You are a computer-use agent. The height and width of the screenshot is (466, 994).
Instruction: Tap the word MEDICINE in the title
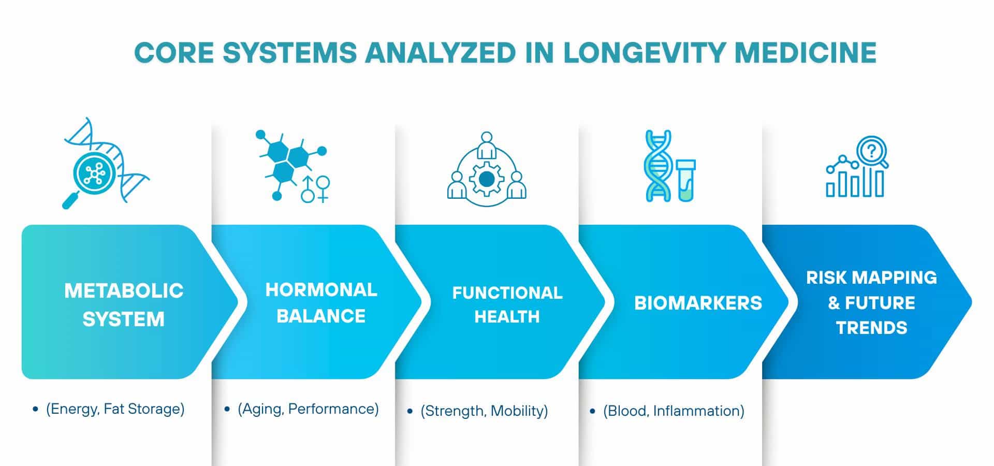pyautogui.click(x=806, y=52)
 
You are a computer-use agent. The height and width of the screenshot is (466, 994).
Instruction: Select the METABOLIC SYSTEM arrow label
pyautogui.click(x=124, y=304)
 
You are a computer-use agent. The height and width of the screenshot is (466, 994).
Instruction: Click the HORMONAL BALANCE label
pyautogui.click(x=321, y=302)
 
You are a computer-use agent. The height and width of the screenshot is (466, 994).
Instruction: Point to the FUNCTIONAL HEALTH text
pyautogui.click(x=507, y=304)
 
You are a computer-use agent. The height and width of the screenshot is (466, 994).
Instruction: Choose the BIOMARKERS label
pyautogui.click(x=698, y=303)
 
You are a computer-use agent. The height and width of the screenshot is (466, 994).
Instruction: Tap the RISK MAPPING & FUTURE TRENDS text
pyautogui.click(x=871, y=302)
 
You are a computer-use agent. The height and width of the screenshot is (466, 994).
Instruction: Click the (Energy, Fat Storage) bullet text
pyautogui.click(x=115, y=409)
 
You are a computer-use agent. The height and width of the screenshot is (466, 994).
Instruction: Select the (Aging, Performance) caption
pyautogui.click(x=308, y=409)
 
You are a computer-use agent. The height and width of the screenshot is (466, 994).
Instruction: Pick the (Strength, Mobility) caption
pyautogui.click(x=484, y=411)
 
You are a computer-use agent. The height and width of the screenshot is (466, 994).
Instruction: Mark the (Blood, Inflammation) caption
pyautogui.click(x=674, y=411)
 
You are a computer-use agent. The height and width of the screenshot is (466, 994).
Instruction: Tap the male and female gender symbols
pyautogui.click(x=316, y=188)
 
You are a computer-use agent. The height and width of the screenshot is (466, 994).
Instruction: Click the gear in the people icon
pyautogui.click(x=486, y=179)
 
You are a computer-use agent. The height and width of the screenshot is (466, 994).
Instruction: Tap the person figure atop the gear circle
pyautogui.click(x=486, y=145)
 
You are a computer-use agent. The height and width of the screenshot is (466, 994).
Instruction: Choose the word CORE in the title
pyautogui.click(x=174, y=52)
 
